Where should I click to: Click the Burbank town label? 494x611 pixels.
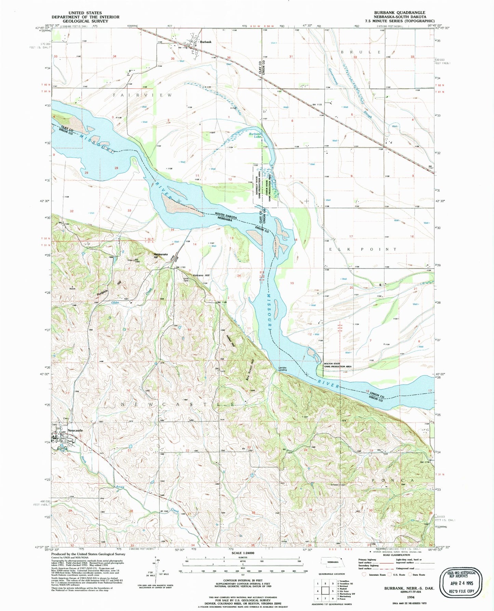[x=205, y=42]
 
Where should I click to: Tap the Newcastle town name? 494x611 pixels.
[x=75, y=430]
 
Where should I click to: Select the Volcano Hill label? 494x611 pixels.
[x=201, y=275]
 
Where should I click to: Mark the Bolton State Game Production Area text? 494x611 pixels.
[x=337, y=365]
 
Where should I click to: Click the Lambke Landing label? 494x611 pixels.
[x=282, y=369]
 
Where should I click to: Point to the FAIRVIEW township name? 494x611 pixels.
[x=142, y=95]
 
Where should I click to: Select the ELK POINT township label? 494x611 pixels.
[x=363, y=249]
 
